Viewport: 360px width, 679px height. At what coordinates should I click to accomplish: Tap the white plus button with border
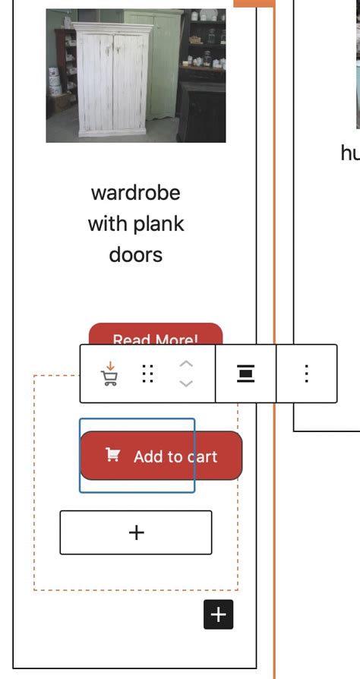pyautogui.click(x=136, y=532)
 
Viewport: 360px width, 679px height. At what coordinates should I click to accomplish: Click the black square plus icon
pyautogui.click(x=218, y=614)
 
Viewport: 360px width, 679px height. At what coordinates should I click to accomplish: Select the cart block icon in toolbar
pyautogui.click(x=110, y=374)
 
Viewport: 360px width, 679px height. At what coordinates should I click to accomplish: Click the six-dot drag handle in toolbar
pyautogui.click(x=148, y=374)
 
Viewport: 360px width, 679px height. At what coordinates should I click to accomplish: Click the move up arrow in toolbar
pyautogui.click(x=186, y=364)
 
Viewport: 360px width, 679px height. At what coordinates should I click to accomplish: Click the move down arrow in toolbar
pyautogui.click(x=186, y=384)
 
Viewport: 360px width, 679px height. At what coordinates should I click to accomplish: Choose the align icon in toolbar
pyautogui.click(x=245, y=374)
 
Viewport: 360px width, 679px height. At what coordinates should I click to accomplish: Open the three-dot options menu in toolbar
pyautogui.click(x=306, y=374)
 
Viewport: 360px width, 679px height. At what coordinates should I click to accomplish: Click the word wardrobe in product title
pyautogui.click(x=136, y=193)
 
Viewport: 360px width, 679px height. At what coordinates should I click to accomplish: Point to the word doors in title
pyautogui.click(x=136, y=254)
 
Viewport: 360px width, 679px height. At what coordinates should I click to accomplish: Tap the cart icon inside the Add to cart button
pyautogui.click(x=112, y=455)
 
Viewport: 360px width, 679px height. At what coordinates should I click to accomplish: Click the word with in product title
pyautogui.click(x=107, y=224)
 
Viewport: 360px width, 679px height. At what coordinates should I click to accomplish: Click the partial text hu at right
pyautogui.click(x=349, y=153)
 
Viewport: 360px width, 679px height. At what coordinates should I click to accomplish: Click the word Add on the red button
pyautogui.click(x=147, y=456)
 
